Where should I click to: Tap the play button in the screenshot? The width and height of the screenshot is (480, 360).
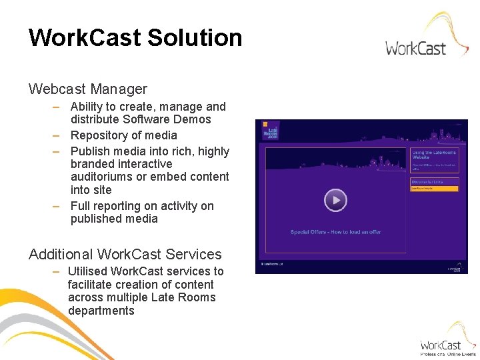pos(335,200)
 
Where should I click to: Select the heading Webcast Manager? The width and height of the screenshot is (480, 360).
pos(87,89)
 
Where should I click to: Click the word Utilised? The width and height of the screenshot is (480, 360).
pos(87,271)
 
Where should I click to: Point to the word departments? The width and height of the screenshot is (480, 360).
pos(101,311)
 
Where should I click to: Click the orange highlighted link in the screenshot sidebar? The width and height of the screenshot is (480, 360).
pos(434,189)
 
